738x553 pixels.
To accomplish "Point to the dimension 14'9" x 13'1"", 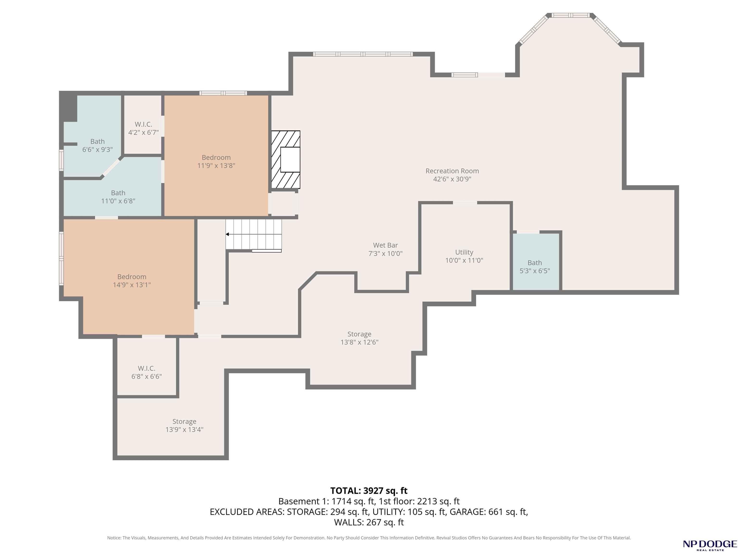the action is click(132, 285).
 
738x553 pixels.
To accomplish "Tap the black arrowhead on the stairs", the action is click(227, 234).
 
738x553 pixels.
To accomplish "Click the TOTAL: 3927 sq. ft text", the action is click(369, 491).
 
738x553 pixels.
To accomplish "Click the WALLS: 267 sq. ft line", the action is click(369, 522).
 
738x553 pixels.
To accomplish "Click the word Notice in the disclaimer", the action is click(114, 538).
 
